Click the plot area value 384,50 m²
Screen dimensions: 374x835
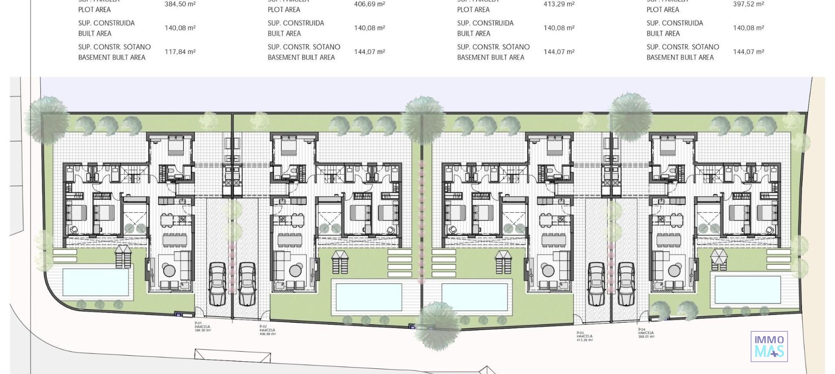(180, 4)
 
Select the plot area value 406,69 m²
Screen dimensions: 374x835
(369, 4)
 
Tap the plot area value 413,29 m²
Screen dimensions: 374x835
(559, 4)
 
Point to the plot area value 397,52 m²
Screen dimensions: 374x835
(748, 4)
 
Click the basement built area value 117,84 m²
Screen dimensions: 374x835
(180, 52)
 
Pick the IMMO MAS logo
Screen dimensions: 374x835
(769, 346)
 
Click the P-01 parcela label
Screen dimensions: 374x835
(203, 327)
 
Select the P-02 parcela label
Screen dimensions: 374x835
(267, 330)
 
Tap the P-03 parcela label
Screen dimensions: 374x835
(584, 336)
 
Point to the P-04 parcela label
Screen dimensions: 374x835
(646, 333)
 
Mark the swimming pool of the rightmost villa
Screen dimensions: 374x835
(748, 289)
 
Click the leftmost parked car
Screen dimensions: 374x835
(217, 284)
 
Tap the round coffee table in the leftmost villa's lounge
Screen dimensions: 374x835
(169, 270)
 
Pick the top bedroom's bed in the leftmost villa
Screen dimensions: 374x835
(176, 146)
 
